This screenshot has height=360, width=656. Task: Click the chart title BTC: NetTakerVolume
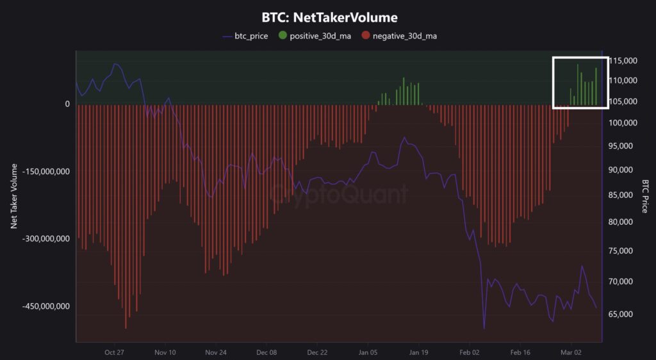point(329,17)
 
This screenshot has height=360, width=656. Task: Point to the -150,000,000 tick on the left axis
point(46,172)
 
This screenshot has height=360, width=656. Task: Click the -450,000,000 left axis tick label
point(46,306)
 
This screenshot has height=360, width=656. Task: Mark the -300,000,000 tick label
point(46,238)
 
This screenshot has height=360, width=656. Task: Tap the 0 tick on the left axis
point(67,104)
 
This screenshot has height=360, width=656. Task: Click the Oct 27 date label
point(114,352)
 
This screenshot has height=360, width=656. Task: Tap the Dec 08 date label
point(266,352)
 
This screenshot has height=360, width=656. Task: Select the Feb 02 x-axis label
point(470,352)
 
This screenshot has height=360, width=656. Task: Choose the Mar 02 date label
point(571,352)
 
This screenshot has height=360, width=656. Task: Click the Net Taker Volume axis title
point(13,196)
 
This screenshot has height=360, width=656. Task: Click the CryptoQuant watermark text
point(338,193)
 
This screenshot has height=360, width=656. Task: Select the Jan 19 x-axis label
point(418,352)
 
